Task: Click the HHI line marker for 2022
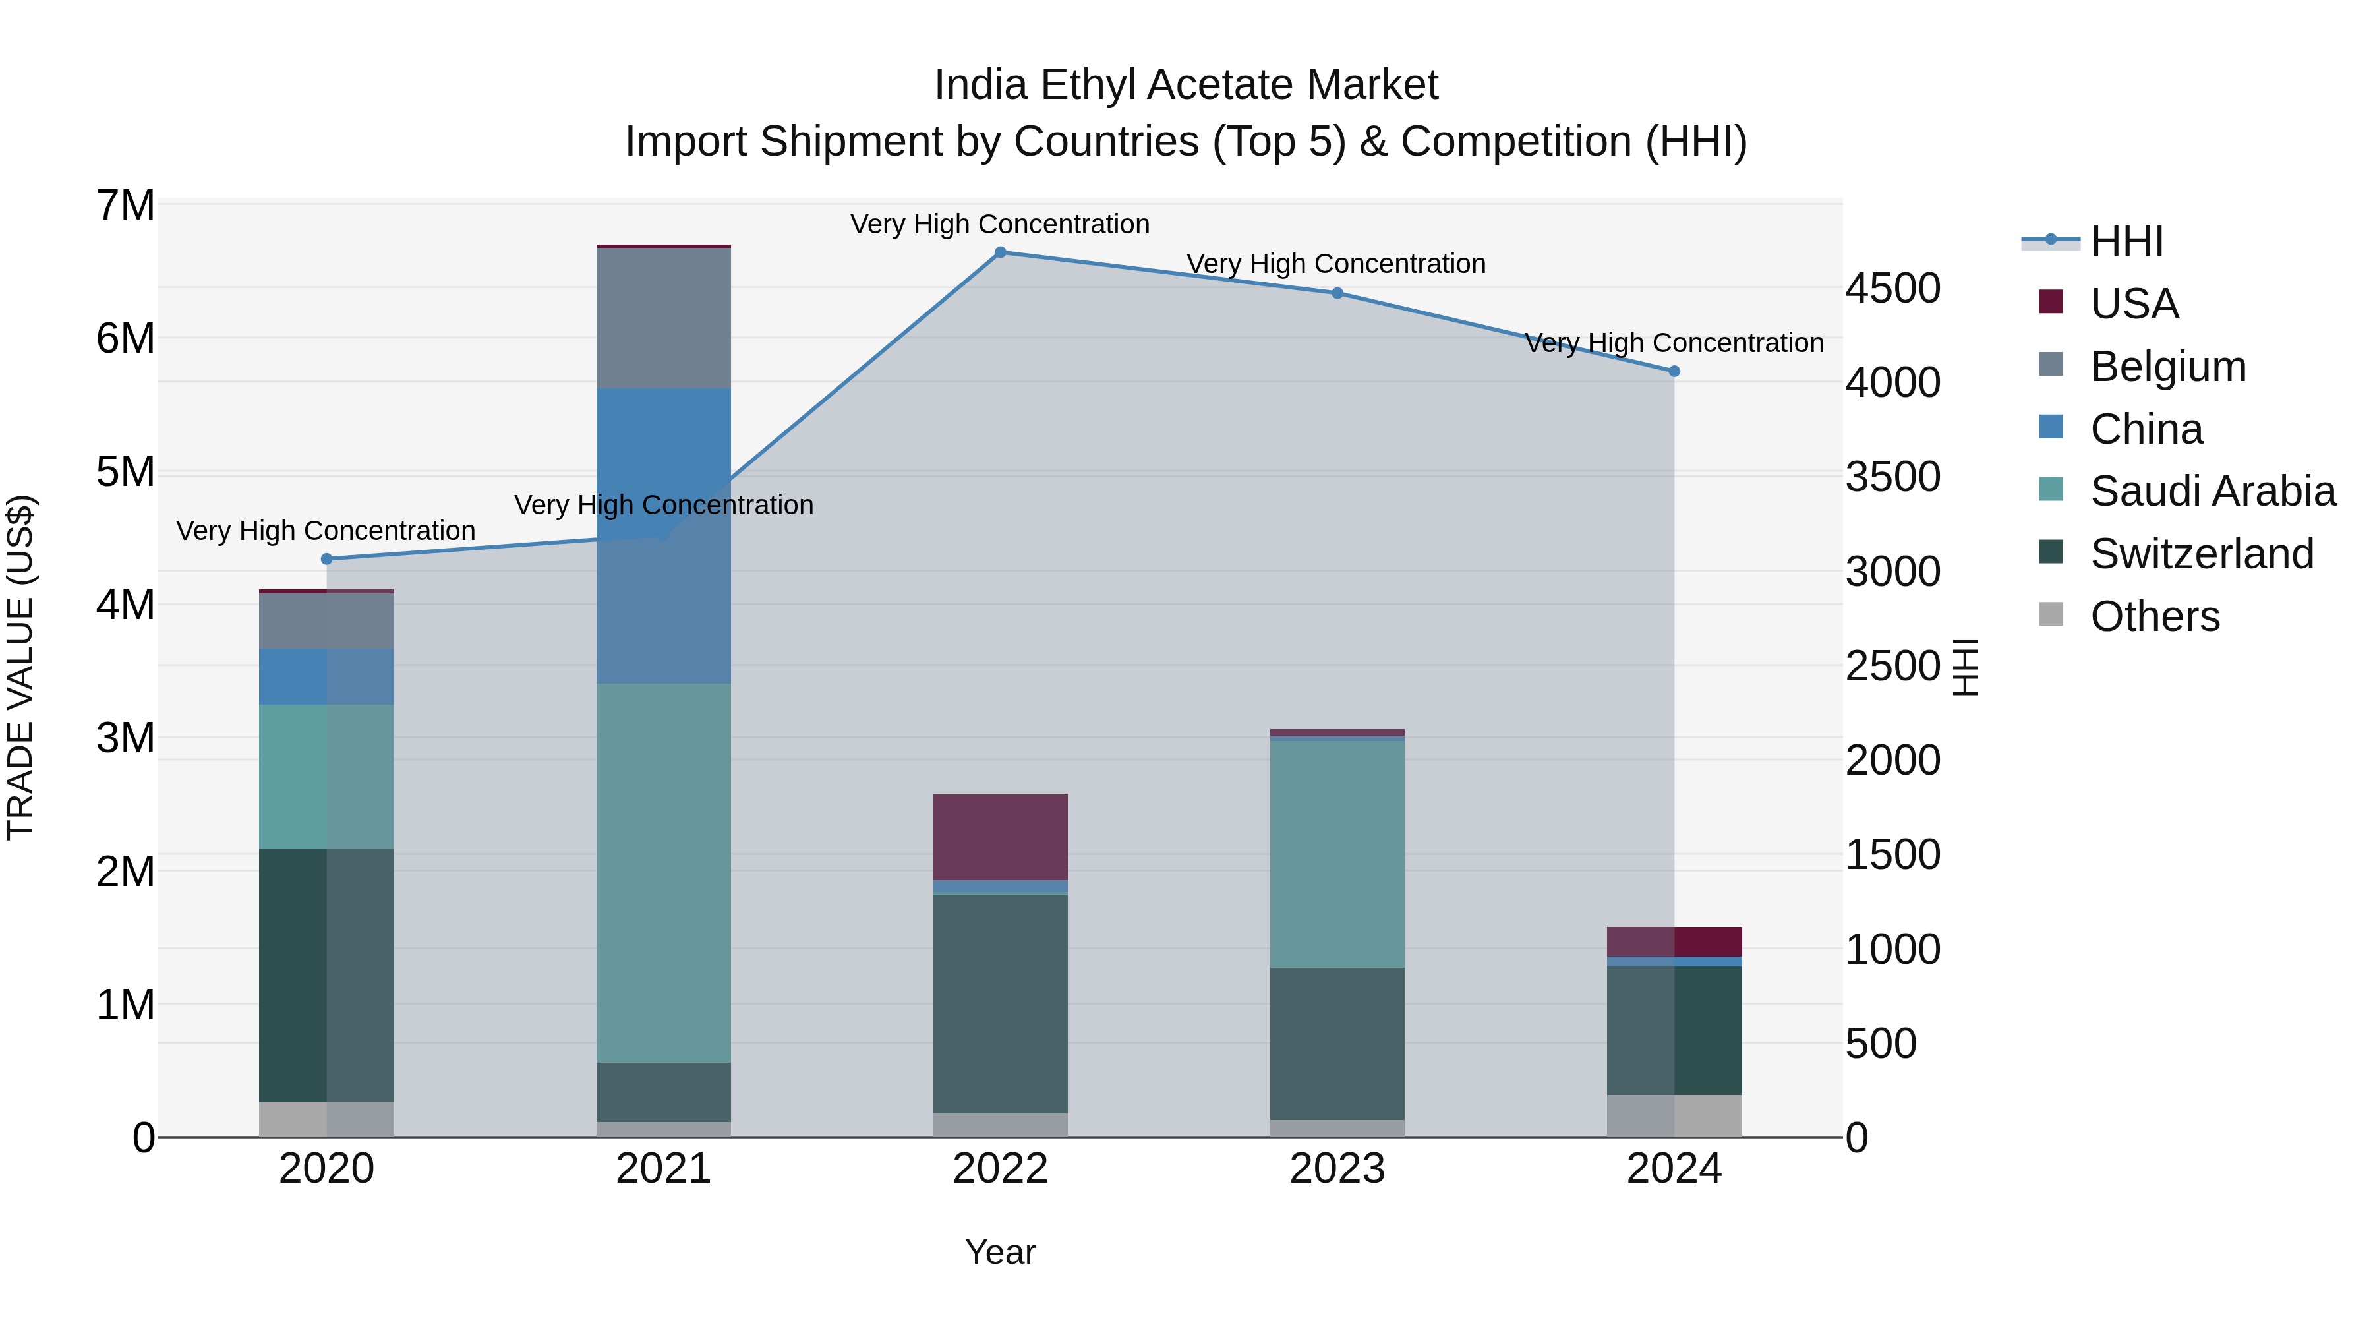click(1001, 252)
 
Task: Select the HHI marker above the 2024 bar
click(1674, 371)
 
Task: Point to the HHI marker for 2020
click(326, 559)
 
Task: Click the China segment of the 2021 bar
click(663, 461)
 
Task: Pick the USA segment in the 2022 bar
click(1001, 837)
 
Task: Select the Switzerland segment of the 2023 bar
click(1337, 1043)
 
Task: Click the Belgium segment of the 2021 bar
click(663, 318)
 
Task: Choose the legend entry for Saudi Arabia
click(2212, 491)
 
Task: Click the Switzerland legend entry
click(2201, 554)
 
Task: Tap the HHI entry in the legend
click(2126, 241)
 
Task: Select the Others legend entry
click(2153, 616)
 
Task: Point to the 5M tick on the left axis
click(125, 472)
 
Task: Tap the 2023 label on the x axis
click(1337, 1169)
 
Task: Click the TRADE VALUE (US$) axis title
click(20, 667)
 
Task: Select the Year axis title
click(1001, 1252)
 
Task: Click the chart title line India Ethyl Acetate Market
click(1186, 85)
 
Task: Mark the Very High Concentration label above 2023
click(1335, 264)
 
